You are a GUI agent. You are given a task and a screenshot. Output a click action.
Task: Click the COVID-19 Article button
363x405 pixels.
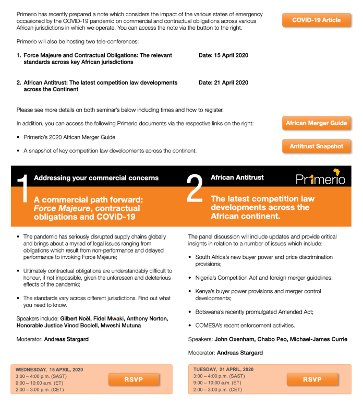pyautogui.click(x=316, y=20)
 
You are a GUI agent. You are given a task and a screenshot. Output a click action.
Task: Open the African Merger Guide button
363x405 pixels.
pyautogui.click(x=316, y=124)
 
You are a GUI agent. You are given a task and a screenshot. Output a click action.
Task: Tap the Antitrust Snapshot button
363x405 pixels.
pyautogui.click(x=316, y=147)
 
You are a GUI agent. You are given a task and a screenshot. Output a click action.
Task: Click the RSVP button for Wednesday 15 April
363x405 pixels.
pyautogui.click(x=134, y=379)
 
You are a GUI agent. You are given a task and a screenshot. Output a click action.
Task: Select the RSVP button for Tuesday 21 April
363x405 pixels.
pyautogui.click(x=312, y=379)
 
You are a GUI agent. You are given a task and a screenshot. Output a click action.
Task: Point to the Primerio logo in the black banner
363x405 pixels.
pyautogui.click(x=320, y=177)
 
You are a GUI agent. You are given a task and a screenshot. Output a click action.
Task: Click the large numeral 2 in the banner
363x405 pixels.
pyautogui.click(x=194, y=188)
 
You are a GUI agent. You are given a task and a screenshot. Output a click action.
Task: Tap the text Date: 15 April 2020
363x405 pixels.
pyautogui.click(x=223, y=55)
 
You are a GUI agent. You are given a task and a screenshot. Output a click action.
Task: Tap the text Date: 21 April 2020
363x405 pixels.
pyautogui.click(x=223, y=82)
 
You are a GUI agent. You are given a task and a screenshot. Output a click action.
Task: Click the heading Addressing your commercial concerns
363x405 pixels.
pyautogui.click(x=96, y=178)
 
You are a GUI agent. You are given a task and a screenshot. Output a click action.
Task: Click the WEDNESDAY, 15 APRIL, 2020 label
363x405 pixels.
pyautogui.click(x=49, y=370)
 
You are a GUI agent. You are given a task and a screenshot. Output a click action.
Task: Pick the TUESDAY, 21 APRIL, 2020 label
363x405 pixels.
pyautogui.click(x=223, y=370)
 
